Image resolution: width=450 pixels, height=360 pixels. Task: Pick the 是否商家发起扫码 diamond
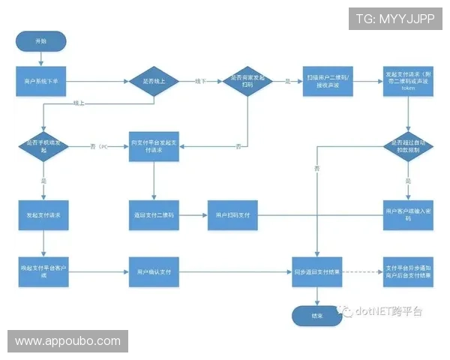point(248,79)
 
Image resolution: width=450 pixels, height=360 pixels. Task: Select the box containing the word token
point(409,80)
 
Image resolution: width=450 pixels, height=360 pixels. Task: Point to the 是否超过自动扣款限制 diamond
point(409,145)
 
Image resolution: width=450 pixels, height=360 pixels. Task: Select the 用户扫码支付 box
point(232,215)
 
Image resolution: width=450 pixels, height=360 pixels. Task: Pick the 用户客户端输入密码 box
point(409,214)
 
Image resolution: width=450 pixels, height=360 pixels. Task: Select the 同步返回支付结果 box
point(318,270)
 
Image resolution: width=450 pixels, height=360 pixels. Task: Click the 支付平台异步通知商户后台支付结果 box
point(409,270)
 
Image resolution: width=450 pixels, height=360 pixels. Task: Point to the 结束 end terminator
point(318,316)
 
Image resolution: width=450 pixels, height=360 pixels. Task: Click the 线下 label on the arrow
point(199,80)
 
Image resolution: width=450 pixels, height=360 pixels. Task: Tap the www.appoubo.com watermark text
point(68,341)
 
